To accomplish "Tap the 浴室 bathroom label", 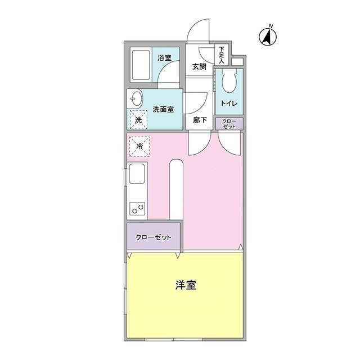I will [x=164, y=57].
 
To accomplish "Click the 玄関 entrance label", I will [x=199, y=66].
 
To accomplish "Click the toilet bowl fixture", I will [x=229, y=83].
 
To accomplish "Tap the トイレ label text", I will [x=229, y=104].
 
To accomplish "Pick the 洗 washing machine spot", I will [x=138, y=119].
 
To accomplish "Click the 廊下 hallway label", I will [x=200, y=120].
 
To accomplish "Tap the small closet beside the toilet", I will [x=229, y=124].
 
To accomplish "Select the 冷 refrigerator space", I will [x=138, y=146].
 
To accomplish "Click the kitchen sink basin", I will [x=137, y=174].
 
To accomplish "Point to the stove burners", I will [x=137, y=209].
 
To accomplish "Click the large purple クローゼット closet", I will [x=153, y=236].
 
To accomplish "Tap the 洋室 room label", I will [x=185, y=285].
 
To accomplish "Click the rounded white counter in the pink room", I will [x=176, y=188].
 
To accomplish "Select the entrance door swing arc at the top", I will [x=199, y=31].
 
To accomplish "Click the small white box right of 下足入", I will [x=237, y=61].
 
